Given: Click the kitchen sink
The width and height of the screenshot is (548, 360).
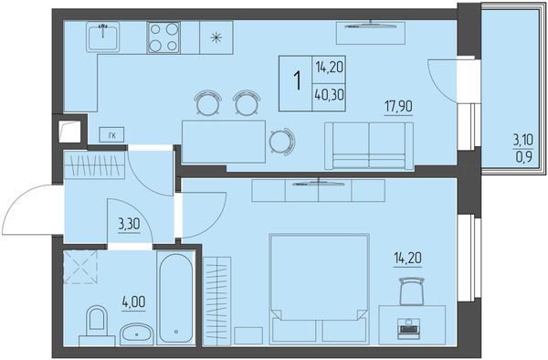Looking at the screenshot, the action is pyautogui.click(x=102, y=37).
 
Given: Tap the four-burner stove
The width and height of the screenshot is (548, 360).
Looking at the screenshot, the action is pyautogui.click(x=163, y=37).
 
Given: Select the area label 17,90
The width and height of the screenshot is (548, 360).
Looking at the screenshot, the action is pyautogui.click(x=398, y=106).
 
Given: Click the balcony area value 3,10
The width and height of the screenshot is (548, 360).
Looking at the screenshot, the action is pyautogui.click(x=522, y=141).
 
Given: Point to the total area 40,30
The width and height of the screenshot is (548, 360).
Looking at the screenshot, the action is pyautogui.click(x=329, y=94).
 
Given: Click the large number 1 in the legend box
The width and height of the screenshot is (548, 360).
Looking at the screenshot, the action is pyautogui.click(x=298, y=80).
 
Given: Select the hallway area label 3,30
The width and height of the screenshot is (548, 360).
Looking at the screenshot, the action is pyautogui.click(x=129, y=225).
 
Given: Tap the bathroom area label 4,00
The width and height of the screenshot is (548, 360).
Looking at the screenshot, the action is pyautogui.click(x=133, y=302).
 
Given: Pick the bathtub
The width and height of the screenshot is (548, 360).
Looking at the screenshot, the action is pyautogui.click(x=175, y=298).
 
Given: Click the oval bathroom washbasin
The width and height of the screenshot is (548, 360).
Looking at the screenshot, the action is pyautogui.click(x=136, y=334).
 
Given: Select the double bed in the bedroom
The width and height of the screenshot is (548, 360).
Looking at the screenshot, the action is pyautogui.click(x=320, y=288).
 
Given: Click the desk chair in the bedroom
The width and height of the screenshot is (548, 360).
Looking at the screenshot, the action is pyautogui.click(x=412, y=291).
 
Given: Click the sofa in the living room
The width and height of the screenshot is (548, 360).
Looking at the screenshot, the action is pyautogui.click(x=369, y=146).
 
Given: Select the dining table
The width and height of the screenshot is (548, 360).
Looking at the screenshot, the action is pyautogui.click(x=224, y=142).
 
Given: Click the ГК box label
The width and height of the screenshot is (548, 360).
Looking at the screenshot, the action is pyautogui.click(x=111, y=134).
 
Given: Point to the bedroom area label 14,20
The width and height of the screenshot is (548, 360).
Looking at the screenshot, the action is pyautogui.click(x=407, y=259).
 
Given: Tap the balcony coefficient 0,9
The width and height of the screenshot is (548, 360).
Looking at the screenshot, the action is pyautogui.click(x=524, y=157).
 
